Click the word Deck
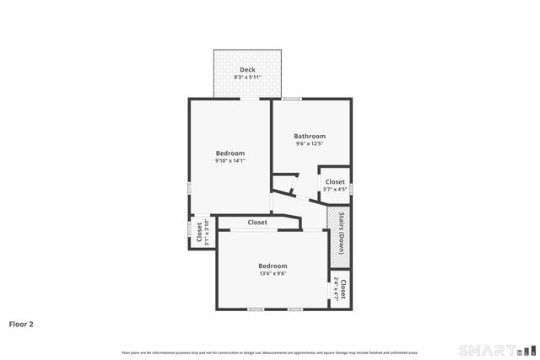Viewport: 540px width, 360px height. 247,70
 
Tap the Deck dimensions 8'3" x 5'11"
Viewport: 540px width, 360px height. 247,78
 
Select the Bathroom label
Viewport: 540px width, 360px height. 310,136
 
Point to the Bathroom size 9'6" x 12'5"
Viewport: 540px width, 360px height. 310,143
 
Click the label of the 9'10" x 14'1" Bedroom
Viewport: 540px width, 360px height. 229,153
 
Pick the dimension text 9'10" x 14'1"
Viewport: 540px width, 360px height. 229,160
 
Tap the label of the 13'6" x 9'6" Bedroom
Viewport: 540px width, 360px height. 273,266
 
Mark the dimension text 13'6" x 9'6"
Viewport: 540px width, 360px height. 273,273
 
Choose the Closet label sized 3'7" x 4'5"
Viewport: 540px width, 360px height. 335,181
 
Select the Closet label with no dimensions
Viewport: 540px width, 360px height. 257,223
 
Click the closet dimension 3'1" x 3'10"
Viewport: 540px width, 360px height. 207,232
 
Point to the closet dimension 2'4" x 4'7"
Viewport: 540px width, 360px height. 336,289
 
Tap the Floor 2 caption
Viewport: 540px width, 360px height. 21,323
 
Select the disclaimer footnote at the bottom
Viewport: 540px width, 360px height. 269,352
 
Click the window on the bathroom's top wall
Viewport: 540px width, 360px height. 293,99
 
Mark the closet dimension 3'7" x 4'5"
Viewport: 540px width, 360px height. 335,189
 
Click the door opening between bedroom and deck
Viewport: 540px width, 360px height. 250,99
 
